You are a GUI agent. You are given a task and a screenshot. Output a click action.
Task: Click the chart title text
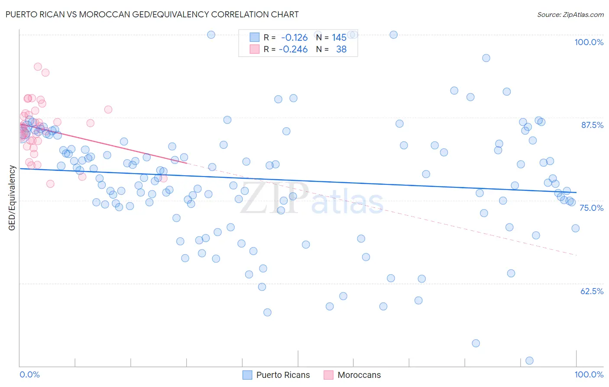coord(152,14)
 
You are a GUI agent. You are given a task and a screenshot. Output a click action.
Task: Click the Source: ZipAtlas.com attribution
coord(570,14)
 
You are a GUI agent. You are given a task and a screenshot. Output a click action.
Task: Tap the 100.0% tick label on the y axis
coord(589,42)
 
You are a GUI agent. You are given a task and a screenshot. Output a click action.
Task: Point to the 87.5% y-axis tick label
coord(592,125)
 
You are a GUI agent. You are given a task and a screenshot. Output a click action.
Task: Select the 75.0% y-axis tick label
coord(591,208)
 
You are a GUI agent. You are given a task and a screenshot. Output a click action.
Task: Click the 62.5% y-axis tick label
coord(592,291)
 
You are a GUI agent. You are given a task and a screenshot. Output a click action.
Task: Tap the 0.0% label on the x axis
coord(29,374)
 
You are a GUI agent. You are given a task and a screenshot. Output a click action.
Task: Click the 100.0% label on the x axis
coord(589,374)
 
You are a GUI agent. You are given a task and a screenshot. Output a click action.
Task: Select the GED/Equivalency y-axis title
coord(12,198)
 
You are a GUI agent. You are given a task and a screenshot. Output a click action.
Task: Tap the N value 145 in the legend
coord(339,38)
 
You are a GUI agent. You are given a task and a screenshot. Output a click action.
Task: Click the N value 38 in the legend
coord(341,49)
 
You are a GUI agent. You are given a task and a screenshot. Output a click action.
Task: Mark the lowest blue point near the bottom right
coord(529,361)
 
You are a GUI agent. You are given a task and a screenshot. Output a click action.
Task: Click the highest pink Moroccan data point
coord(38,67)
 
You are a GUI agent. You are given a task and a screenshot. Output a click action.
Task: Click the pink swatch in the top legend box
coord(254,49)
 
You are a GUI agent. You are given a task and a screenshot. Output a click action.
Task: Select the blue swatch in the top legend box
coord(254,38)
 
